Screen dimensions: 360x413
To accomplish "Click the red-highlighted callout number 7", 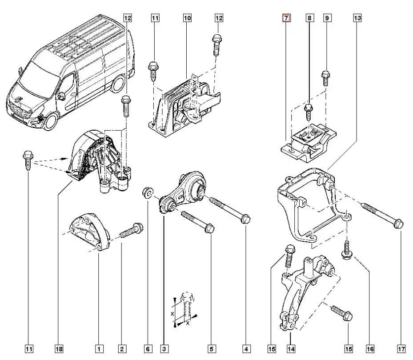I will pyautogui.click(x=287, y=18).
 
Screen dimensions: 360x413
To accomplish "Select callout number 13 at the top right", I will pyautogui.click(x=357, y=18).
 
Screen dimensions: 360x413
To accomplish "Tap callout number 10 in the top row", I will pyautogui.click(x=187, y=18).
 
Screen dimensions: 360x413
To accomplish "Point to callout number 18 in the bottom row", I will pyautogui.click(x=59, y=349).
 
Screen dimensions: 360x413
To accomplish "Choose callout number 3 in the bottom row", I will pyautogui.click(x=164, y=349).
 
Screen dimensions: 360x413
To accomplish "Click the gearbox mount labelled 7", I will pyautogui.click(x=307, y=142).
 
